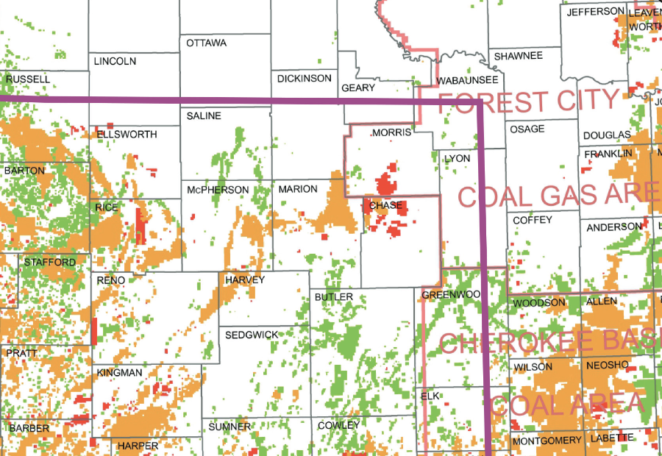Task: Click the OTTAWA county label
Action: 207,43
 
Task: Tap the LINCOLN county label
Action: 115,62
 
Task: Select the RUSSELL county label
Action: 28,79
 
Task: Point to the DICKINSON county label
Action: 305,79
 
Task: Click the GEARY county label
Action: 359,88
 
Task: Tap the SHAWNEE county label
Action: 519,56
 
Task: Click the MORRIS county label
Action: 391,133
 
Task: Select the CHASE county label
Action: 386,206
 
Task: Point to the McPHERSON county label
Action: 218,190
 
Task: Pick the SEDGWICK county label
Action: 252,335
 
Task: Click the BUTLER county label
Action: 334,297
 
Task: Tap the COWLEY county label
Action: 339,426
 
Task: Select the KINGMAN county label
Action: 120,374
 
